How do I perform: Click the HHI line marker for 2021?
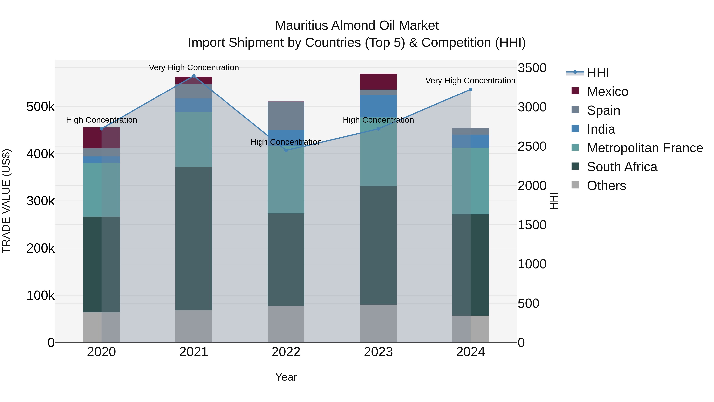194,76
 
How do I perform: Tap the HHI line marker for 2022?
286,150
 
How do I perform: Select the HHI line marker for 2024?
470,90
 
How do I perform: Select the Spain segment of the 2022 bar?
286,116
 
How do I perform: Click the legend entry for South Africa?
622,167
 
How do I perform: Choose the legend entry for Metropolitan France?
645,148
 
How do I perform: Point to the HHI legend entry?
598,73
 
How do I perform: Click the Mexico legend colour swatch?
575,91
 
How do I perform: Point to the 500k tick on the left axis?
40,107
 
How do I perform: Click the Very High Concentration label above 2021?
194,67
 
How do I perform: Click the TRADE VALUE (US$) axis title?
6,201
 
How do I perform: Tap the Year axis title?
286,377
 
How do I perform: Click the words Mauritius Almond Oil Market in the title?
357,26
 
